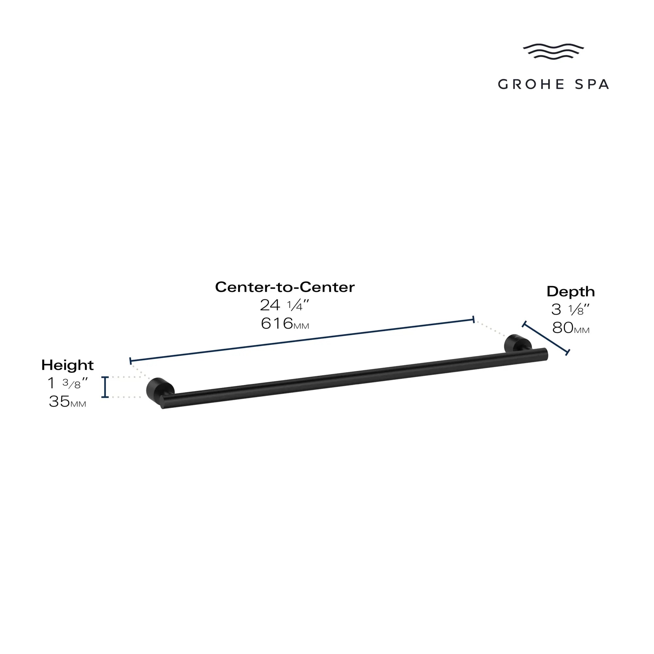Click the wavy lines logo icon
click(553, 51)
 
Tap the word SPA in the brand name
click(592, 84)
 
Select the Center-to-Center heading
click(285, 287)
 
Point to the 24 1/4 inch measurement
click(284, 305)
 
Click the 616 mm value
click(284, 324)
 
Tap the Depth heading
click(570, 291)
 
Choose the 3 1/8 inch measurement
click(570, 309)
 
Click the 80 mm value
click(571, 328)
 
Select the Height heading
click(67, 365)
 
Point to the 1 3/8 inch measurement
click(67, 383)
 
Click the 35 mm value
click(67, 402)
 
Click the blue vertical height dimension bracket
click(105, 387)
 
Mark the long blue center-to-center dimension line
click(302, 340)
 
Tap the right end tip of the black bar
click(545, 354)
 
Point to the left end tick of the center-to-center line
click(131, 361)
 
